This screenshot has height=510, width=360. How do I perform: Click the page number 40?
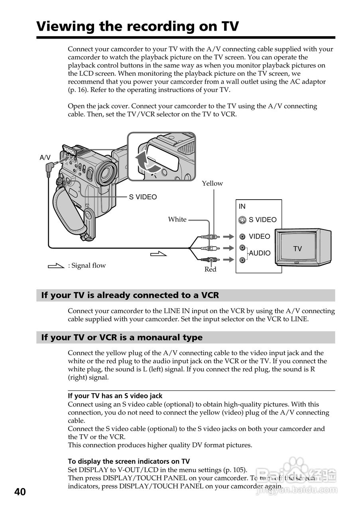coord(20,492)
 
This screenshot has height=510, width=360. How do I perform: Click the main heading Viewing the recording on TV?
coord(138,26)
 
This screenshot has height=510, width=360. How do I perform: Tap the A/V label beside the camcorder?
coord(45,157)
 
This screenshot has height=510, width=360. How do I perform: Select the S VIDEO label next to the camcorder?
coord(143,197)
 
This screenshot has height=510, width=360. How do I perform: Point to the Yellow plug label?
coord(212,183)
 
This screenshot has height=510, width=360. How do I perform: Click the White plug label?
coord(177,219)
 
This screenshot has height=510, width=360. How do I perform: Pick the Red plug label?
coord(210,269)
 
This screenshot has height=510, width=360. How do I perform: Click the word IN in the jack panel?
coord(242,206)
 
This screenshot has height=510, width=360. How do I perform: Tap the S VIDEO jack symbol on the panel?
coord(242,220)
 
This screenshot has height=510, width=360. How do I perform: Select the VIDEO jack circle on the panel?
coord(242,237)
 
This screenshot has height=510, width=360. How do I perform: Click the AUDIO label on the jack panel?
coord(260,253)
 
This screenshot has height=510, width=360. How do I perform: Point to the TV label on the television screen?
coord(297,249)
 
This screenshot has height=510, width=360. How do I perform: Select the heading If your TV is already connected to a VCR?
coord(130,295)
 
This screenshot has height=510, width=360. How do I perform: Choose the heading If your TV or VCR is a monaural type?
coord(122,337)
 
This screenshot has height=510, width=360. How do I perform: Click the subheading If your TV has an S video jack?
coord(115,396)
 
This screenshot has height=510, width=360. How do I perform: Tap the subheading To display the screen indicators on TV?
coord(129,461)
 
